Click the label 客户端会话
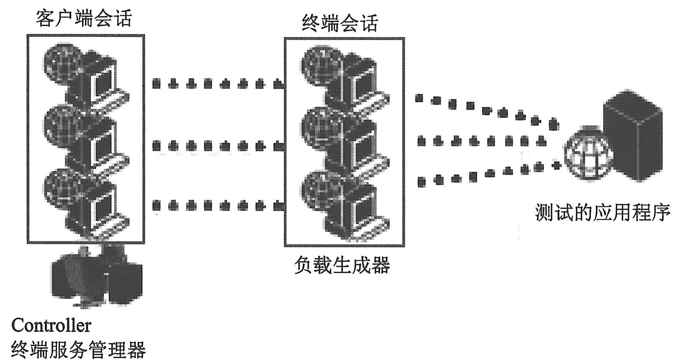84,18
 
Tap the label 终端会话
340,23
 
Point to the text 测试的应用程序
603,213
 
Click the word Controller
51,325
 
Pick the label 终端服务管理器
78,349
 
